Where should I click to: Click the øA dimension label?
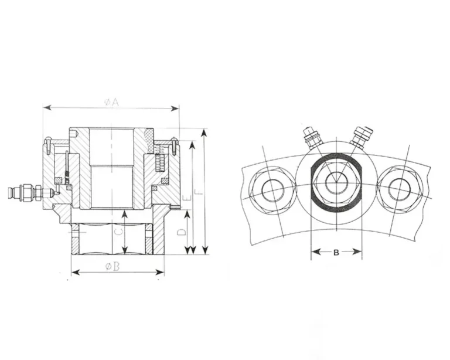tap(111, 102)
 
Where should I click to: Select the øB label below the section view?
tap(112, 266)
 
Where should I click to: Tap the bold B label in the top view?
tap(336, 253)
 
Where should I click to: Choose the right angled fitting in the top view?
tap(360, 135)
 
